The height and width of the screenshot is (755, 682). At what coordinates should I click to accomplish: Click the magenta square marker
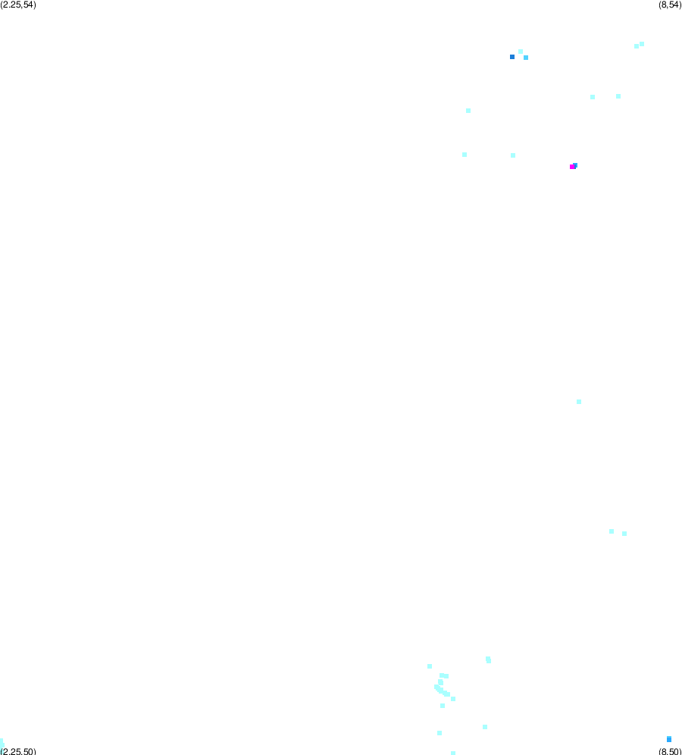point(572,167)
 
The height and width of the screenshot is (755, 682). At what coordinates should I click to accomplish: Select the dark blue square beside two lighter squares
point(512,57)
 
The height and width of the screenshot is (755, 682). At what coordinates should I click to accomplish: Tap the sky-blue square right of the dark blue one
point(526,58)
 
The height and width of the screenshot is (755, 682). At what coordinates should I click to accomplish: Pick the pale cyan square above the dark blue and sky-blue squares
point(521,52)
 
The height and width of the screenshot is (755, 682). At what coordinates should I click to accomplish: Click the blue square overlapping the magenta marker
point(576,165)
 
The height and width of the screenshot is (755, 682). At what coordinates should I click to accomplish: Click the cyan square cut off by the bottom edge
point(453,753)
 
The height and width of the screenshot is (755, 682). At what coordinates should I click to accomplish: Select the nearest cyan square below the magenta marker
point(578,402)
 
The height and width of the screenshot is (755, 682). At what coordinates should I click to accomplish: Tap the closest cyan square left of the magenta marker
point(512,155)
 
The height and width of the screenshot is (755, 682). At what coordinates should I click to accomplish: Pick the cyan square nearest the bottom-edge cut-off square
point(440,733)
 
